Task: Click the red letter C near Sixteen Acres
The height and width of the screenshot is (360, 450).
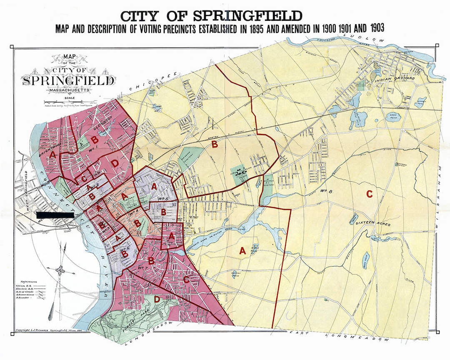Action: (x=368, y=194)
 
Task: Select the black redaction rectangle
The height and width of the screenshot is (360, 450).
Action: (x=55, y=215)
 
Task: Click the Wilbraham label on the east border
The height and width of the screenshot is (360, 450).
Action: (x=439, y=196)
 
